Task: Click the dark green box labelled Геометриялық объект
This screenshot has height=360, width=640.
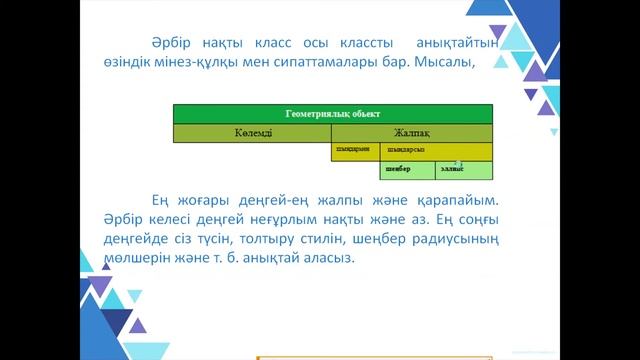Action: (x=333, y=114)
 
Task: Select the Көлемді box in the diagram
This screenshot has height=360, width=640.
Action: (x=252, y=133)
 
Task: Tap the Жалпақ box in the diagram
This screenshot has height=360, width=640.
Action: (x=412, y=133)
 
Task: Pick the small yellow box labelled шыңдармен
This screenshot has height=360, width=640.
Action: (x=352, y=151)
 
